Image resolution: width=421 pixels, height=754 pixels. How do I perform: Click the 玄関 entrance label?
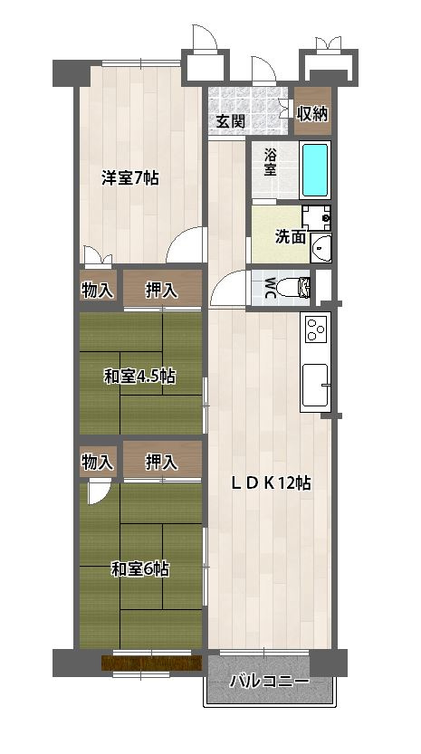point(230,121)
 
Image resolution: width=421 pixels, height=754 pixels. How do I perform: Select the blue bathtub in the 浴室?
point(315,170)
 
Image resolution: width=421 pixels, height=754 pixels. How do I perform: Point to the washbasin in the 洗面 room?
point(321,247)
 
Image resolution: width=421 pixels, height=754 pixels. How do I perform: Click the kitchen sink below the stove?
point(315,385)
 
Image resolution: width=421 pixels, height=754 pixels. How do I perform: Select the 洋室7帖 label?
point(129,178)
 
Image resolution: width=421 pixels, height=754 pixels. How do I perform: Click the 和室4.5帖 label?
point(139,377)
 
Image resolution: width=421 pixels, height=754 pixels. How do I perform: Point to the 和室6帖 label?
point(140,570)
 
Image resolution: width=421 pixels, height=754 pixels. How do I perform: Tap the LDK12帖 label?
point(271,482)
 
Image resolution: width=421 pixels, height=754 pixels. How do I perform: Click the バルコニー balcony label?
point(269,682)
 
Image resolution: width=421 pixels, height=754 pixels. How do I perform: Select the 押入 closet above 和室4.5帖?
point(162,288)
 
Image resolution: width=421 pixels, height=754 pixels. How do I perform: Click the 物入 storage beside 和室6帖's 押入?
point(98,463)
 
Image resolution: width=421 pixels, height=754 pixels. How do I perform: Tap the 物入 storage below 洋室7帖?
point(98,290)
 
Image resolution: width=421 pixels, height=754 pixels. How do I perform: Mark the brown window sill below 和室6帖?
point(151,663)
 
